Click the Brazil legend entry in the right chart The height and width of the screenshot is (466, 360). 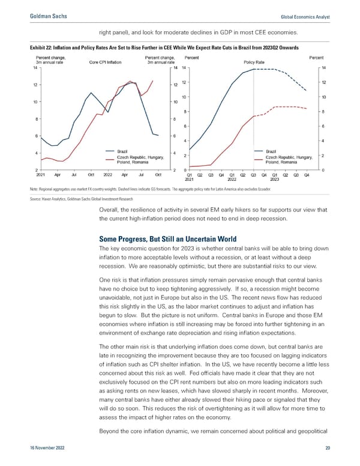271,151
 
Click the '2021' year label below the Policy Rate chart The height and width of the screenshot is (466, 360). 189,180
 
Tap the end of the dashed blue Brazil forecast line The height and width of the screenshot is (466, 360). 307,91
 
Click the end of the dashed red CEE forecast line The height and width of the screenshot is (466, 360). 307,109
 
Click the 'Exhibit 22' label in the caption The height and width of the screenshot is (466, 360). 32,48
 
